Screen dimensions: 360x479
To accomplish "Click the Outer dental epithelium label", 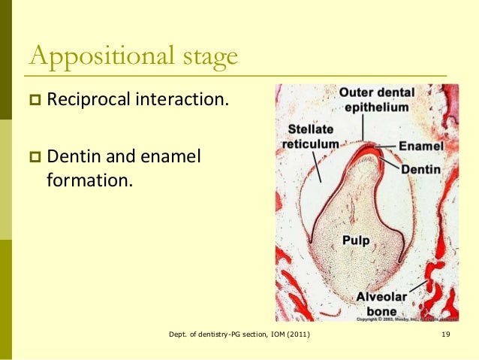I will (x=376, y=99).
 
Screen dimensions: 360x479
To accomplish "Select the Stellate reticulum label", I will (x=309, y=136).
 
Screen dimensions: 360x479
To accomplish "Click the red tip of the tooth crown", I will (x=366, y=147).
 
